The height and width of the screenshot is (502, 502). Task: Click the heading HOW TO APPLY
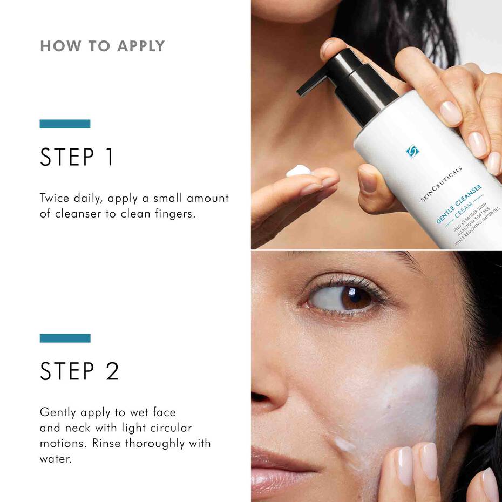click(103, 46)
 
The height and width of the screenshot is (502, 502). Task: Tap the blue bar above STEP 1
click(65, 124)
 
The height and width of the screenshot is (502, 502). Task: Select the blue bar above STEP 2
click(65, 338)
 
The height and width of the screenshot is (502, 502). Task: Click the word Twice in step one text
click(55, 198)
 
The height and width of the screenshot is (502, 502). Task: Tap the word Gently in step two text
click(57, 413)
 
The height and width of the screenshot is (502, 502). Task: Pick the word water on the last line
click(55, 459)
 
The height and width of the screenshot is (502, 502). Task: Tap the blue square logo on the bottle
click(412, 151)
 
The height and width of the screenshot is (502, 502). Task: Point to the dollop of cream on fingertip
click(299, 171)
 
